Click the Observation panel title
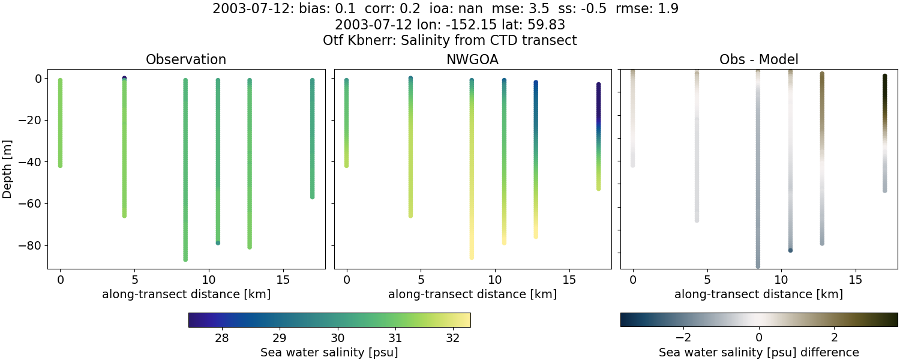pos(186,59)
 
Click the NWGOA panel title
pos(472,59)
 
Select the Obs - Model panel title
pos(758,59)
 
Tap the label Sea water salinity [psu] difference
pos(758,352)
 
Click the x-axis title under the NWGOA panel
pos(472,294)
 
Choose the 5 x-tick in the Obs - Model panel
pos(707,280)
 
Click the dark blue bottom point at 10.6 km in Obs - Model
pos(790,250)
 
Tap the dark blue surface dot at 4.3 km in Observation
pos(124,79)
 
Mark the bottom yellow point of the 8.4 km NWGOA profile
pos(472,257)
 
